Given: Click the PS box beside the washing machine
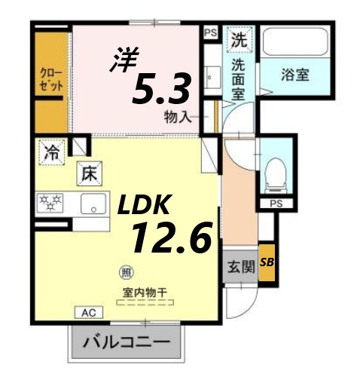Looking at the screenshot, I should [210, 32].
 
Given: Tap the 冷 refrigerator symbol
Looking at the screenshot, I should [50, 150].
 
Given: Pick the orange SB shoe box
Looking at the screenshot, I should [266, 262].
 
